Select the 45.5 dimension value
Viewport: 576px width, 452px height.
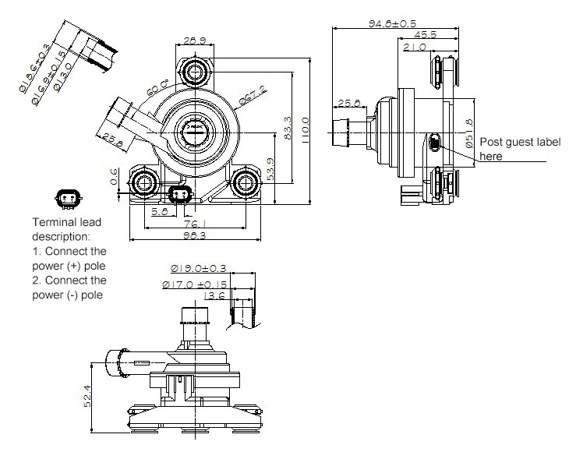point(425,35)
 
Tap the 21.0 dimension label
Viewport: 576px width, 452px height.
point(415,48)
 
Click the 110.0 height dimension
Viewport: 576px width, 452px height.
point(306,125)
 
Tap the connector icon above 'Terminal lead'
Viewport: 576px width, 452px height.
point(67,200)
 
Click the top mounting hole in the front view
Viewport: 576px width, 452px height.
point(194,72)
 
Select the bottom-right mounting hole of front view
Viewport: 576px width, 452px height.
point(247,184)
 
